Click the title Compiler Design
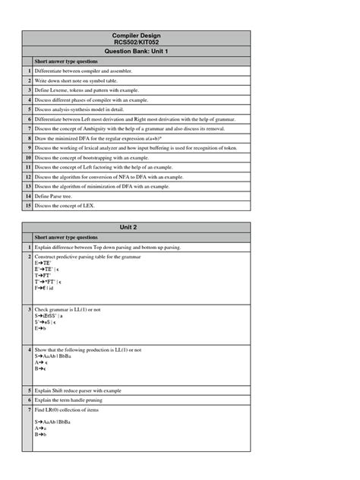[x=136, y=35]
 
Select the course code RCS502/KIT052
[x=136, y=43]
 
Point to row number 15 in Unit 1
[x=28, y=205]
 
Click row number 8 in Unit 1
[x=28, y=138]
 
